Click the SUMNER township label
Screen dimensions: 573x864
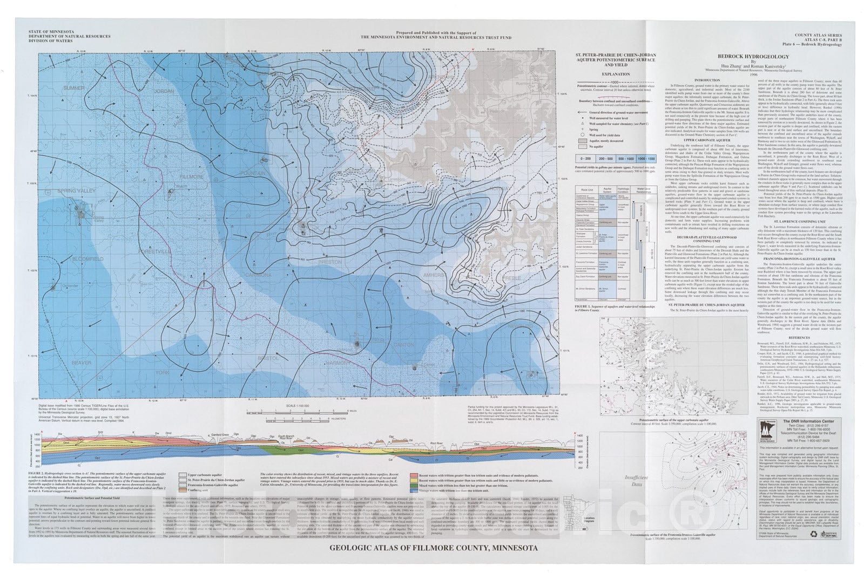pyautogui.click(x=74, y=88)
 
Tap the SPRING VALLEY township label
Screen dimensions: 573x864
pyautogui.click(x=76, y=191)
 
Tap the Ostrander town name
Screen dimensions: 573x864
pyautogui.click(x=70, y=285)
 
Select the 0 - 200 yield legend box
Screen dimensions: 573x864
pyautogui.click(x=585, y=159)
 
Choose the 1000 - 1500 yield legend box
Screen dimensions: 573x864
pyautogui.click(x=646, y=159)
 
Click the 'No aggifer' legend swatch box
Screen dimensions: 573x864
pyautogui.click(x=582, y=146)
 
